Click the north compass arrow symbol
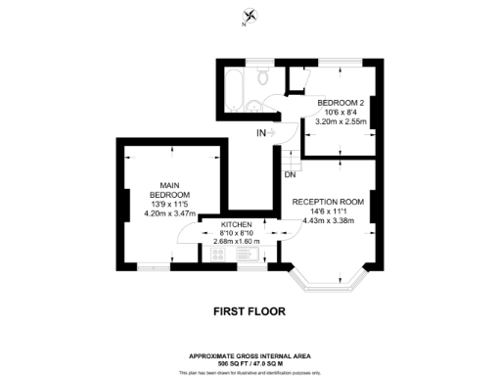click(251, 16)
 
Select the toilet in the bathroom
click(261, 77)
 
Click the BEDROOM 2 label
click(339, 102)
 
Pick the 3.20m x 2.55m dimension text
click(339, 122)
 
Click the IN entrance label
click(261, 132)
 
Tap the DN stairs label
click(291, 175)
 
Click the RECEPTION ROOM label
click(329, 203)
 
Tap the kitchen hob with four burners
click(218, 254)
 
